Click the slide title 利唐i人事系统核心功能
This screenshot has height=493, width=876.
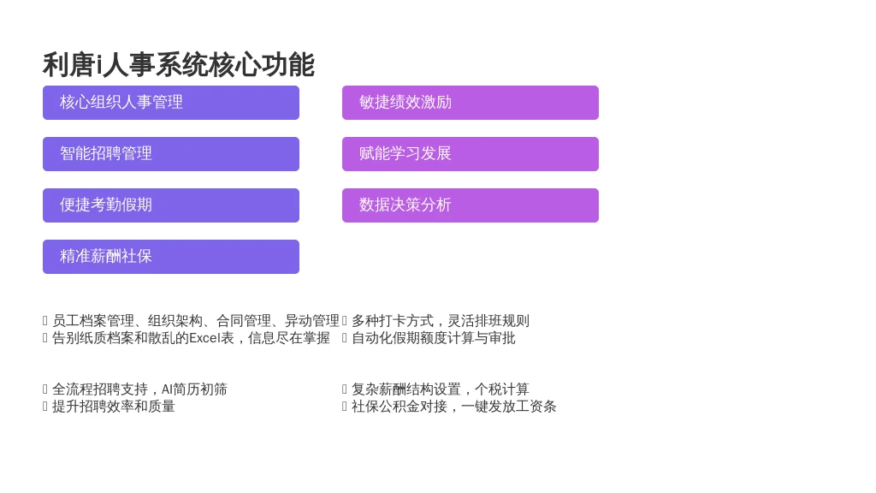tap(179, 65)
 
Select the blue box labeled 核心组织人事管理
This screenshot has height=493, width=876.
tap(171, 103)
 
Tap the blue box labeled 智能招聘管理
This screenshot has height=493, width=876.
tap(171, 154)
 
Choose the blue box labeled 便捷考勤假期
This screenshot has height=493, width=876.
tap(171, 205)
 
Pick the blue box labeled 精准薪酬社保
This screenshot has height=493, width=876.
tap(171, 257)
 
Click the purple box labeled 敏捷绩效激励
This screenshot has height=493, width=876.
tap(471, 103)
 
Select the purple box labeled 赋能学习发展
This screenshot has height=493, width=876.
tap(471, 154)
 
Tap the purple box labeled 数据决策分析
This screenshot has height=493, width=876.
tap(471, 205)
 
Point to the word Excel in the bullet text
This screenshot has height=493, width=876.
tap(204, 338)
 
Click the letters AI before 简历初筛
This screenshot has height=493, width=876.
tap(167, 389)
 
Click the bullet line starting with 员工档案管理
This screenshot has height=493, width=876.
tap(196, 321)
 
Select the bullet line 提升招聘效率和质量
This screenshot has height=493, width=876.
tap(114, 407)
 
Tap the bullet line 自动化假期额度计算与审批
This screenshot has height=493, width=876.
tap(434, 338)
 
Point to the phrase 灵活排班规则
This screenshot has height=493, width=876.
tap(488, 321)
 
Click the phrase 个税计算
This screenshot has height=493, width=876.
tap(501, 389)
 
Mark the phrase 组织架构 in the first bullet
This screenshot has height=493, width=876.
tap(175, 321)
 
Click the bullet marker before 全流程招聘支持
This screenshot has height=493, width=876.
tap(45, 389)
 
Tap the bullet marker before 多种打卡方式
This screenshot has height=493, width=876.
tap(345, 321)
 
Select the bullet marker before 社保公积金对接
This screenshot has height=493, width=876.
tap(345, 407)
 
